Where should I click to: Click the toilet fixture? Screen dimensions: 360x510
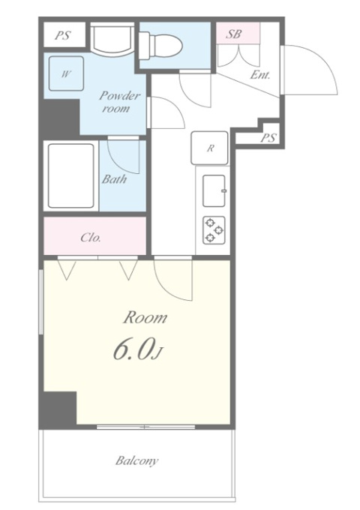(x=160, y=45)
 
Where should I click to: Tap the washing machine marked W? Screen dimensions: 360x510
(x=66, y=73)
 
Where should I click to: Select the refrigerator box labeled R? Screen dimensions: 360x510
(x=209, y=148)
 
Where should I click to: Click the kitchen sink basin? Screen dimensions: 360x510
(x=214, y=190)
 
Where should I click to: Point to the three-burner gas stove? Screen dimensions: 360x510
(x=214, y=230)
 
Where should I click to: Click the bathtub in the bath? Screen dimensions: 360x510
(x=71, y=175)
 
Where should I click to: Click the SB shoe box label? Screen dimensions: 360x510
(x=234, y=34)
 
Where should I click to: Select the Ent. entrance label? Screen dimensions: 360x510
(x=260, y=75)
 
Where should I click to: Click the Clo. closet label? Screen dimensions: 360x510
(x=91, y=238)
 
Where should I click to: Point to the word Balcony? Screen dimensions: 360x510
(x=137, y=460)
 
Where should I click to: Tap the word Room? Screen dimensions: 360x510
(x=145, y=317)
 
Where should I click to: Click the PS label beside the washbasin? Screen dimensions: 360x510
(x=63, y=34)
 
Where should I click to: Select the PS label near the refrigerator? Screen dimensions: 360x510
(x=268, y=138)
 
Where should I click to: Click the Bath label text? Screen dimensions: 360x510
(x=114, y=179)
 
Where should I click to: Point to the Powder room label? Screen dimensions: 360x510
(x=120, y=101)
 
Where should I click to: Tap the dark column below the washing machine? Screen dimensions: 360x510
(x=60, y=117)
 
